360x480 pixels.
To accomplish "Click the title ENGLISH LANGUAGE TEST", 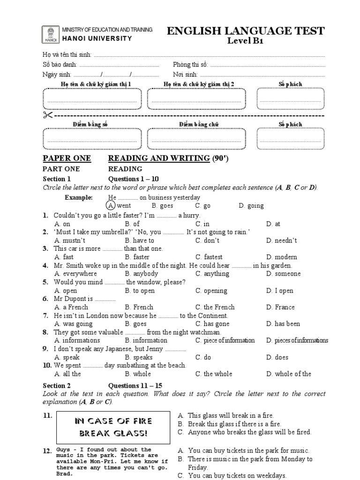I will (246, 31).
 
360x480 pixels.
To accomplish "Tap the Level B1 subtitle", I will (246, 41).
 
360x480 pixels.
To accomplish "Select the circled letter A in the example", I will (111, 206).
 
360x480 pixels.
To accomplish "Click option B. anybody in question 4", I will (142, 274).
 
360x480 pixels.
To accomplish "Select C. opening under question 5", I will (211, 291).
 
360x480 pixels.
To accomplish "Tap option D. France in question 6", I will (280, 307).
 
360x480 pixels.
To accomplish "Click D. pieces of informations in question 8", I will (297, 341).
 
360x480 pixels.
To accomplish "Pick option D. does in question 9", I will (277, 357).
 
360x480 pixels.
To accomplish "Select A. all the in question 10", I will (67, 374).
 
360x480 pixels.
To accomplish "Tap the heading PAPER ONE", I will (67, 158).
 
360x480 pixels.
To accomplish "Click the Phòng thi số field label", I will (190, 65).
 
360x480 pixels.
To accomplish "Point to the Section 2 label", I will (57, 386).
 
